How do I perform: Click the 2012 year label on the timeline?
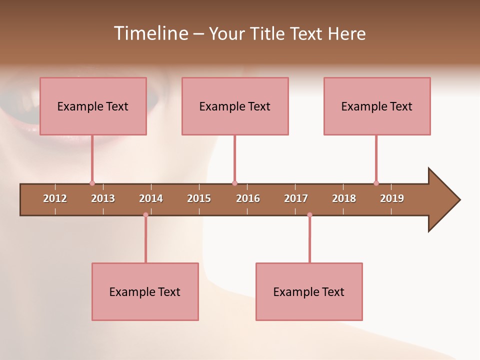pyautogui.click(x=55, y=198)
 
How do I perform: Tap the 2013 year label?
pyautogui.click(x=103, y=198)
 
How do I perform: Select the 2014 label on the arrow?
pyautogui.click(x=151, y=198)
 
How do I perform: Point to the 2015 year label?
pyautogui.click(x=199, y=198)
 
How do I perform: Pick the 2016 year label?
pyautogui.click(x=248, y=198)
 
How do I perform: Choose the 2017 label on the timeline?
pyautogui.click(x=296, y=198)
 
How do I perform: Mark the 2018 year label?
pyautogui.click(x=344, y=198)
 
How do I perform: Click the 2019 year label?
pyautogui.click(x=392, y=198)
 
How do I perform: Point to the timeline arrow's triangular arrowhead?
pyautogui.click(x=442, y=200)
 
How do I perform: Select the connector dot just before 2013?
pyautogui.click(x=92, y=183)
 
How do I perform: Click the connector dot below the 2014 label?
pyautogui.click(x=145, y=215)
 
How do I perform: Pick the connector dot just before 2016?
pyautogui.click(x=234, y=183)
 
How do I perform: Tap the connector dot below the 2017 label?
pyautogui.click(x=309, y=215)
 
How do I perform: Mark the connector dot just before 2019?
pyautogui.click(x=376, y=183)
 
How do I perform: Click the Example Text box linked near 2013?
pyautogui.click(x=93, y=106)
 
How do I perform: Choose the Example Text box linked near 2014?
pyautogui.click(x=145, y=291)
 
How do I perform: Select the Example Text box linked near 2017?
pyautogui.click(x=309, y=291)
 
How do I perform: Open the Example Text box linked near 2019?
pyautogui.click(x=377, y=106)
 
